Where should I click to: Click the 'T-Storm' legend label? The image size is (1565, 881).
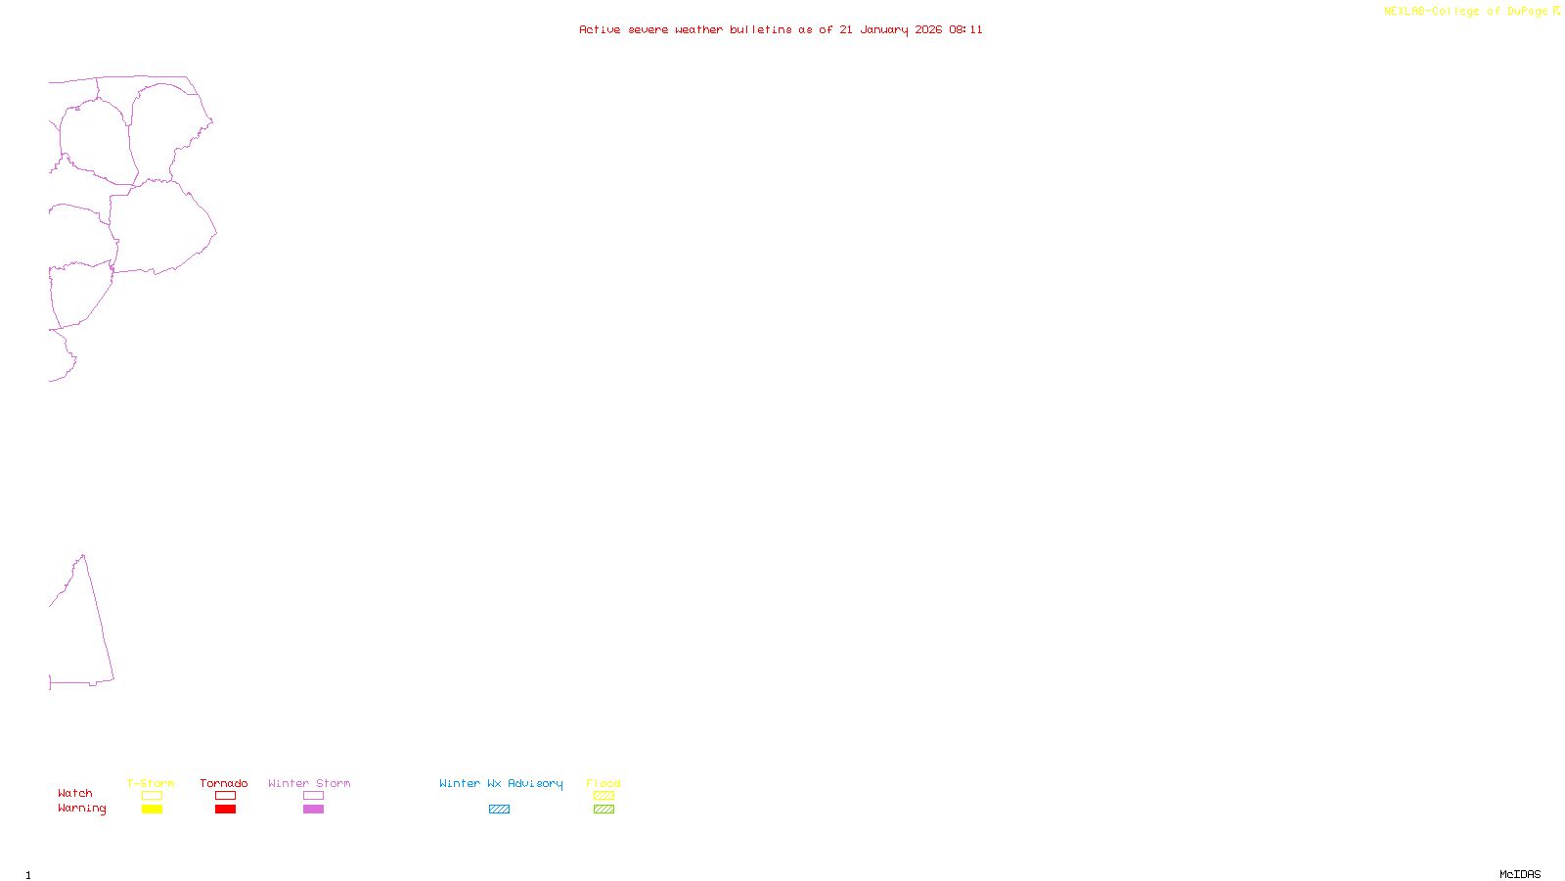coord(151,783)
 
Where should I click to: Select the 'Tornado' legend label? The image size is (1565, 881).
coord(224,783)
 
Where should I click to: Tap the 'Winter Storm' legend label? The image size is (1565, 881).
coord(309,783)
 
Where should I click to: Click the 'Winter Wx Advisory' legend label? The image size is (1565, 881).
coord(501,783)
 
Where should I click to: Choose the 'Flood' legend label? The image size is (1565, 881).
coord(604,783)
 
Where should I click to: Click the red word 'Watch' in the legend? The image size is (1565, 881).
coord(75,793)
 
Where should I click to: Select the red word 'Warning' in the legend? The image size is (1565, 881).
coord(82,809)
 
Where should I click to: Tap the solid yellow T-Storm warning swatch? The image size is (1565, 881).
coord(152,810)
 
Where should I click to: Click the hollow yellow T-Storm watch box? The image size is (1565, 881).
coord(152,796)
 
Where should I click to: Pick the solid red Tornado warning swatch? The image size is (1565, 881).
coord(226,810)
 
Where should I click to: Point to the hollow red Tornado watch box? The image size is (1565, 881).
coord(226,796)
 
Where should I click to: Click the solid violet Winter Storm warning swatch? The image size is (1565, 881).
coord(313,810)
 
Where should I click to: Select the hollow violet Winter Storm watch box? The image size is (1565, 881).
coord(313,796)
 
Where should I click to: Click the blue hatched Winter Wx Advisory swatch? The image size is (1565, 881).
coord(499,810)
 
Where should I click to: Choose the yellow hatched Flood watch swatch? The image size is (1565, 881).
coord(604,796)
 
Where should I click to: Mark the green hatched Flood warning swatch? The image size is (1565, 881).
coord(604,810)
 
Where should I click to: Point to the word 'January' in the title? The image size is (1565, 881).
coord(884,29)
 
